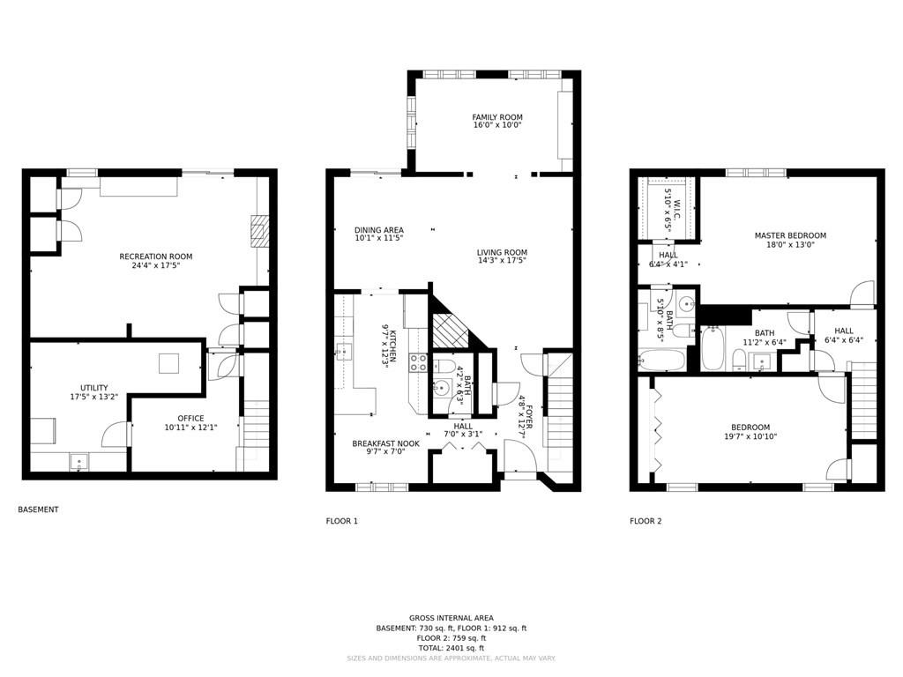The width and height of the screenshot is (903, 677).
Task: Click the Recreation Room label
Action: click(x=155, y=257)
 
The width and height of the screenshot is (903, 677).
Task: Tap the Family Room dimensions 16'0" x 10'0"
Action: click(x=497, y=125)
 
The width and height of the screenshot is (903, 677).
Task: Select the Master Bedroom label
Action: click(x=790, y=235)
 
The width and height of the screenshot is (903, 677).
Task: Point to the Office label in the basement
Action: click(x=190, y=419)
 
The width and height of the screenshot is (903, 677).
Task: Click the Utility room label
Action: click(x=93, y=388)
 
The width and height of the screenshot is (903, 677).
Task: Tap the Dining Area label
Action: click(x=379, y=230)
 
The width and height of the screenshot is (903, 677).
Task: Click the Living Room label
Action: click(x=502, y=253)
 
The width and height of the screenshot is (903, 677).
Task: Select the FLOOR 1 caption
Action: click(x=342, y=521)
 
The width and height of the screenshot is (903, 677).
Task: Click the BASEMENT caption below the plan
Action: click(x=38, y=510)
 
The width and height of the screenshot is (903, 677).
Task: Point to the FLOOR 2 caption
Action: click(x=646, y=521)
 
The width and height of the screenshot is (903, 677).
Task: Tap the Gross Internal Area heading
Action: click(x=451, y=618)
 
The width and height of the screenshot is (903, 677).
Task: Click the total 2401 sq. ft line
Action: click(x=451, y=648)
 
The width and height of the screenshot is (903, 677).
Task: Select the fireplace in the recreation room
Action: click(x=257, y=232)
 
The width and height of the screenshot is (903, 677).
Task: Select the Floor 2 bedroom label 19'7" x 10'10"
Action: click(x=750, y=432)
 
